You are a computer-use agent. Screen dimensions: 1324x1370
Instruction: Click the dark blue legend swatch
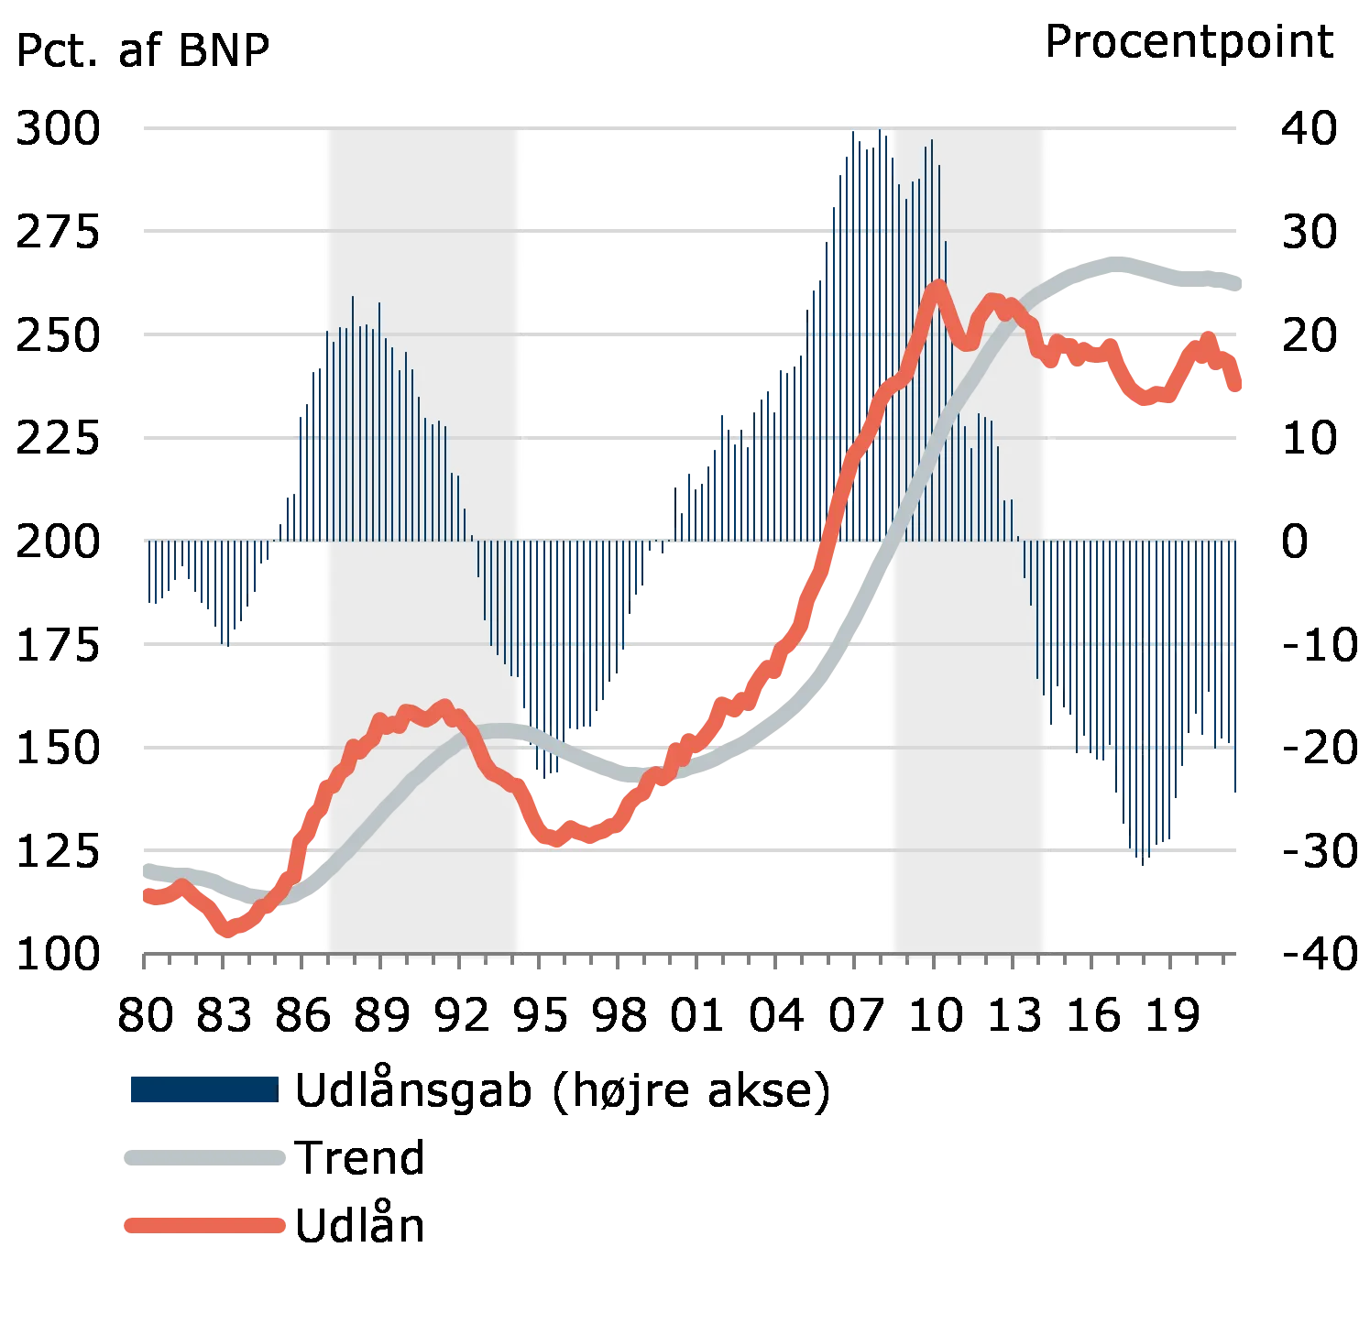[203, 1089]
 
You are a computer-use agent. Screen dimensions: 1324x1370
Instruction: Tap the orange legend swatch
[203, 1225]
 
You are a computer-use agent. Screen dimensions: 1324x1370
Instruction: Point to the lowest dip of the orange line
[228, 929]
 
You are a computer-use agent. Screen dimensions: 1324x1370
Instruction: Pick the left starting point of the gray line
[145, 867]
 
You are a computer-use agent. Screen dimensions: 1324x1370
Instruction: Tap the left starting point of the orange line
[145, 895]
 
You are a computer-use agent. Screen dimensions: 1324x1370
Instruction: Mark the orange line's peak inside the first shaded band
[444, 706]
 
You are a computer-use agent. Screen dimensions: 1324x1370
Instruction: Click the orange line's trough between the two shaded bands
[555, 838]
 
